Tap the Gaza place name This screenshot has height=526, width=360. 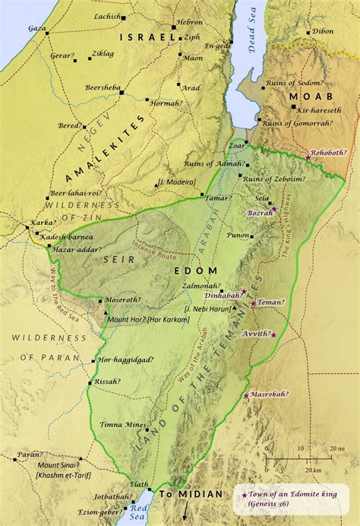(36, 27)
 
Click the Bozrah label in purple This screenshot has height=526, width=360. (260, 214)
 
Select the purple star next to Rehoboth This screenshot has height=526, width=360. (308, 157)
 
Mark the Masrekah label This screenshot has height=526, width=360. (267, 394)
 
